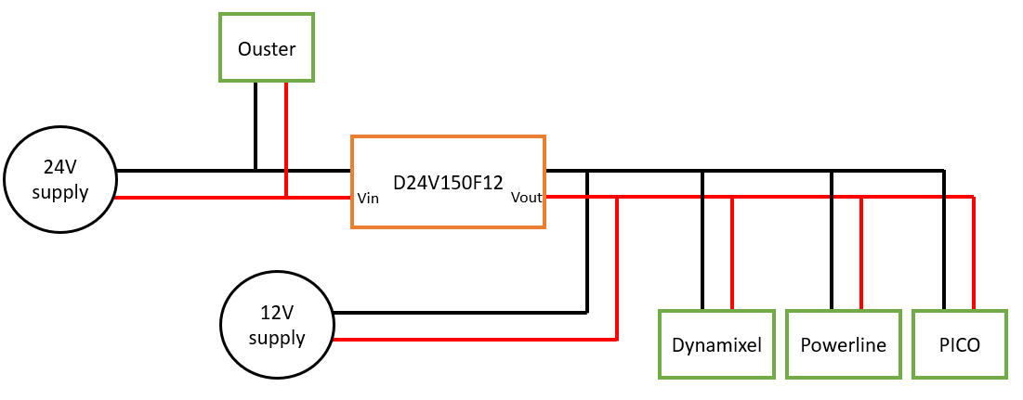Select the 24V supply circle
59,180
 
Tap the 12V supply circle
277,326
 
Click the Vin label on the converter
368,198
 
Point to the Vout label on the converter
526,198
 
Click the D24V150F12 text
448,182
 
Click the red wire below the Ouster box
286,139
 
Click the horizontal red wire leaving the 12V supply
474,340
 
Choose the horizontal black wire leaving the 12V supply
460,312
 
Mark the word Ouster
267,49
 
